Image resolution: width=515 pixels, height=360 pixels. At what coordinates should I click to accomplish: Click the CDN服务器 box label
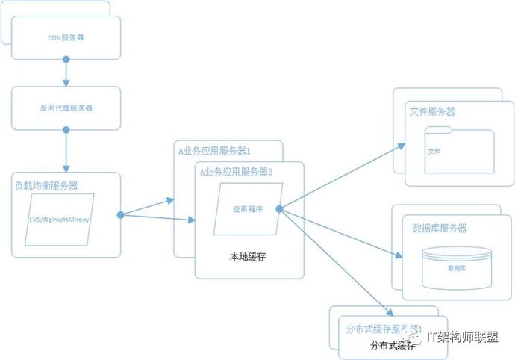click(66, 36)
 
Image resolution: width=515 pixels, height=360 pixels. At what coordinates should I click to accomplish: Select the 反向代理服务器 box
click(66, 108)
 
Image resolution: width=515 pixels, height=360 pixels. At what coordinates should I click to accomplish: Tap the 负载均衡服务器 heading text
click(46, 185)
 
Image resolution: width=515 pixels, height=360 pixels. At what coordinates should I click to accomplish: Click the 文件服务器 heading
click(433, 111)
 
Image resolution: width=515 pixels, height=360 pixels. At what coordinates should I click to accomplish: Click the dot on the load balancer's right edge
click(120, 215)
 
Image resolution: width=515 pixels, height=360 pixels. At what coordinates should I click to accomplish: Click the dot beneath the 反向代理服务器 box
click(66, 130)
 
